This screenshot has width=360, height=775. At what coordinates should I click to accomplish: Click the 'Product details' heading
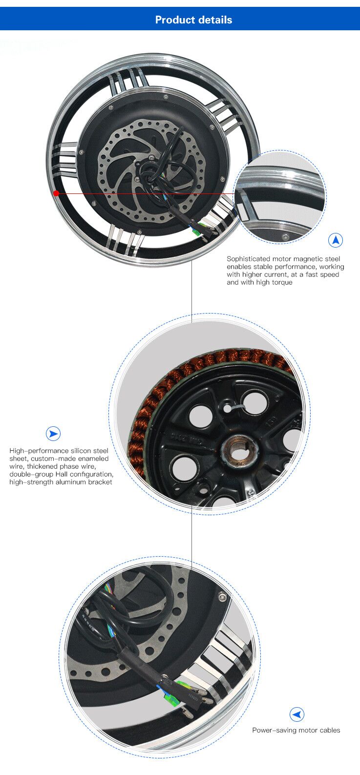pos(193,20)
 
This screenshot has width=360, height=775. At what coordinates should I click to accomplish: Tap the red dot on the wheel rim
pos(57,193)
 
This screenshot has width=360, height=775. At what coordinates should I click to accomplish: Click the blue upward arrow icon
pos(336,240)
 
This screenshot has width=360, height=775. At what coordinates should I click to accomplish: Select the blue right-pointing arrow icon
pos(53,434)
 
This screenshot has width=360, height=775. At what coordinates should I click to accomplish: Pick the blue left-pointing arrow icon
pos(296,714)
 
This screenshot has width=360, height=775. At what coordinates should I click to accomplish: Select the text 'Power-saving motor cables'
pos(296,730)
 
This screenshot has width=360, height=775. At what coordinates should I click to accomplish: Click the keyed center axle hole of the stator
pos(239,449)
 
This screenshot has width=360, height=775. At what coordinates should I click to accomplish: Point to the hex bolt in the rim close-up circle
pos(285,237)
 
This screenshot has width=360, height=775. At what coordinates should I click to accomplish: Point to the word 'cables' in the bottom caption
pos(329,730)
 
